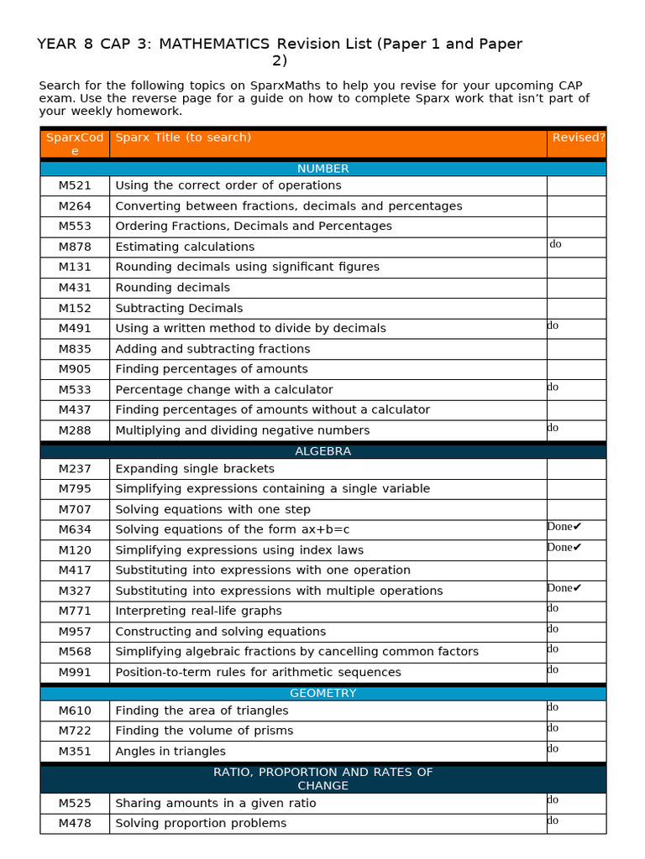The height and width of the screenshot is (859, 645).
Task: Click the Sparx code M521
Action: coord(75,185)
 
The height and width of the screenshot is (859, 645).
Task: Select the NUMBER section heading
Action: coord(322,169)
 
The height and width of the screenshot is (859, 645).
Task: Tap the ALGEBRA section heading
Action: coord(322,451)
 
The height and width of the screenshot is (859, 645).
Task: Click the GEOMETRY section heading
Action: coord(322,693)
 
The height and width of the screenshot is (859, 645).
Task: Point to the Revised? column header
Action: coord(578,138)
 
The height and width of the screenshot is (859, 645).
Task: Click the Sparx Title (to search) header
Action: coord(183,138)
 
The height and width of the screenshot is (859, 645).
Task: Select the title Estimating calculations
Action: coord(185,247)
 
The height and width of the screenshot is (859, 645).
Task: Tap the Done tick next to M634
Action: coord(564,527)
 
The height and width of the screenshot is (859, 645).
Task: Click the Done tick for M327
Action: coord(564,588)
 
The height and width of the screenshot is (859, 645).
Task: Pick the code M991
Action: coord(75,672)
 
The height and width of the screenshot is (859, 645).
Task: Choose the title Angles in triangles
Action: coord(170,751)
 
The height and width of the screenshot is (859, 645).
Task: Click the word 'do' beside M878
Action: coord(555,244)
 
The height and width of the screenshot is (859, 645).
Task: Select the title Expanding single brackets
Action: coord(195,469)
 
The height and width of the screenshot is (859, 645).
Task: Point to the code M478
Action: coord(75,823)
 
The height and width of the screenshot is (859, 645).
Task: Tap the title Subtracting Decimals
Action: coord(179,308)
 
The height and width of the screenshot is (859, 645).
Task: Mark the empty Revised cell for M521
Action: coord(576,185)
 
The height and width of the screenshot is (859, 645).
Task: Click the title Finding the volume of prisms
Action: coord(204,731)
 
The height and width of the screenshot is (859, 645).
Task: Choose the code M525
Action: coord(75,803)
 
